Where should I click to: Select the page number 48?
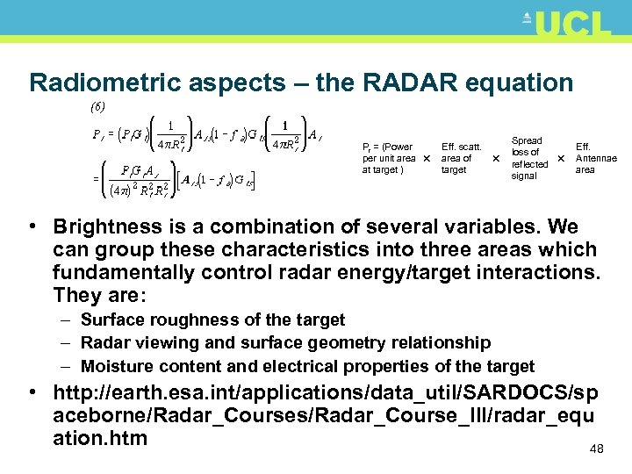597,449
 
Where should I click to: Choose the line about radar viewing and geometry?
285,342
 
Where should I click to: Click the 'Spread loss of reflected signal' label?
528,158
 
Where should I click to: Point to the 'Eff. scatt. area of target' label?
461,158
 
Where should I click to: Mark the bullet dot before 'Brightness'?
32,226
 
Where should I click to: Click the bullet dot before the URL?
32,391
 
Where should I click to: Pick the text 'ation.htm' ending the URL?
100,437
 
